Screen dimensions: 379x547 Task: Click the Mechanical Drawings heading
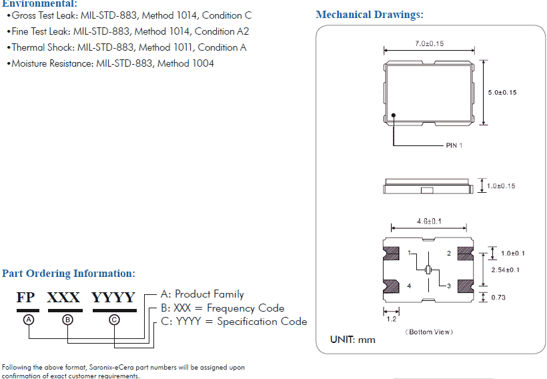pos(370,15)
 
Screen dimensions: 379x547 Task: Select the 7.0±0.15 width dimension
pos(429,43)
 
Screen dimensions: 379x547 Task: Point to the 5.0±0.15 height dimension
pos(502,93)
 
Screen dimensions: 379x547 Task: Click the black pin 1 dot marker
pos(394,115)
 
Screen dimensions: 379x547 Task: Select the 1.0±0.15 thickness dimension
pos(501,186)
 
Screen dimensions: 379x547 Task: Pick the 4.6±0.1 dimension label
pos(430,221)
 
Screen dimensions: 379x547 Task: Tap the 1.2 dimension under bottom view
pos(391,319)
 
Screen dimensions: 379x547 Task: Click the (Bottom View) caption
pos(429,332)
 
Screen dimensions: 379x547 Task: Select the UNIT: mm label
pos(353,340)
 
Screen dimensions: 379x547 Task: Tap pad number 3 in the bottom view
pos(449,286)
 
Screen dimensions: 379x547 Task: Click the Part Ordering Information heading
pos(69,274)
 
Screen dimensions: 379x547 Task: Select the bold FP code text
pos(25,298)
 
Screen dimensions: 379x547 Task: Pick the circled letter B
pos(67,320)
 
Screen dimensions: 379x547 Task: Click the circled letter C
pos(114,320)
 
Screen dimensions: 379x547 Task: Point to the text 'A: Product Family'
pos(203,294)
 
